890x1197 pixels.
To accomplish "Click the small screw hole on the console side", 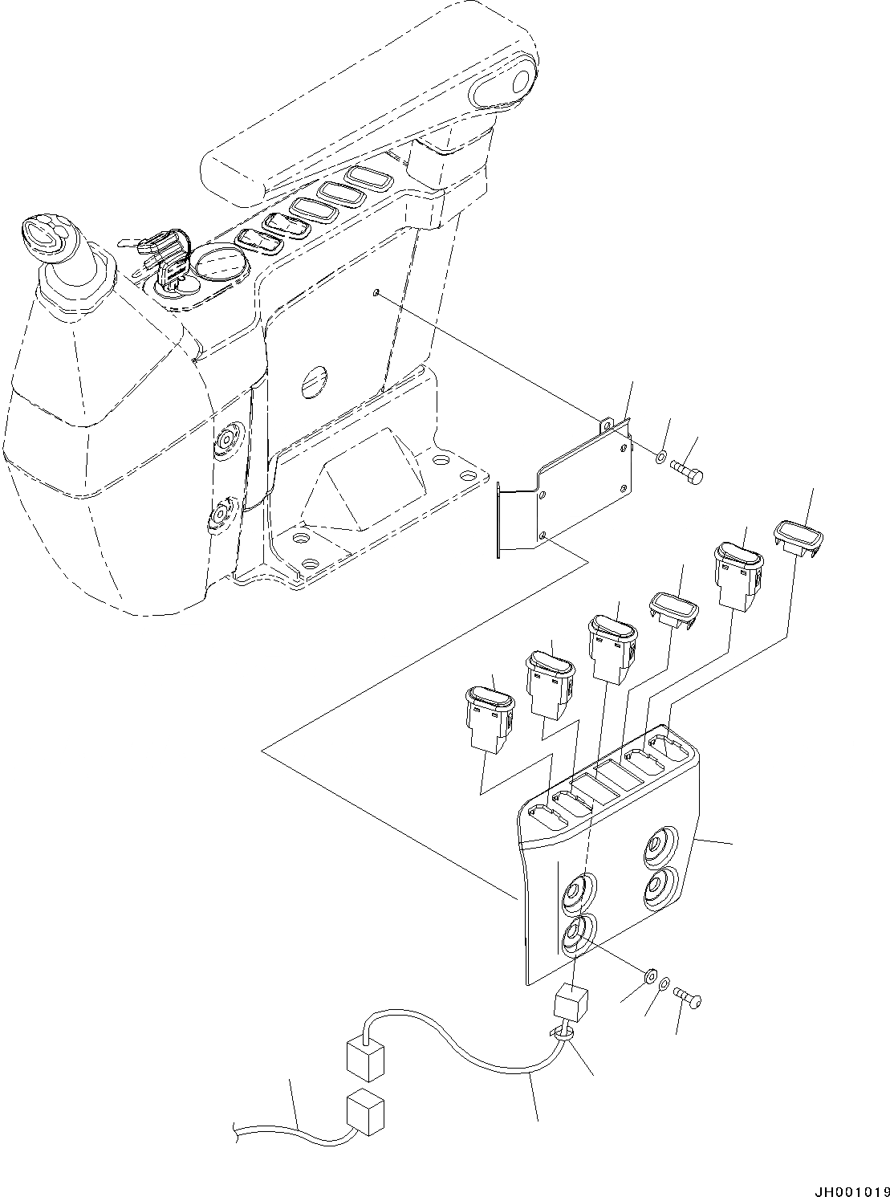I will point(376,295).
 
